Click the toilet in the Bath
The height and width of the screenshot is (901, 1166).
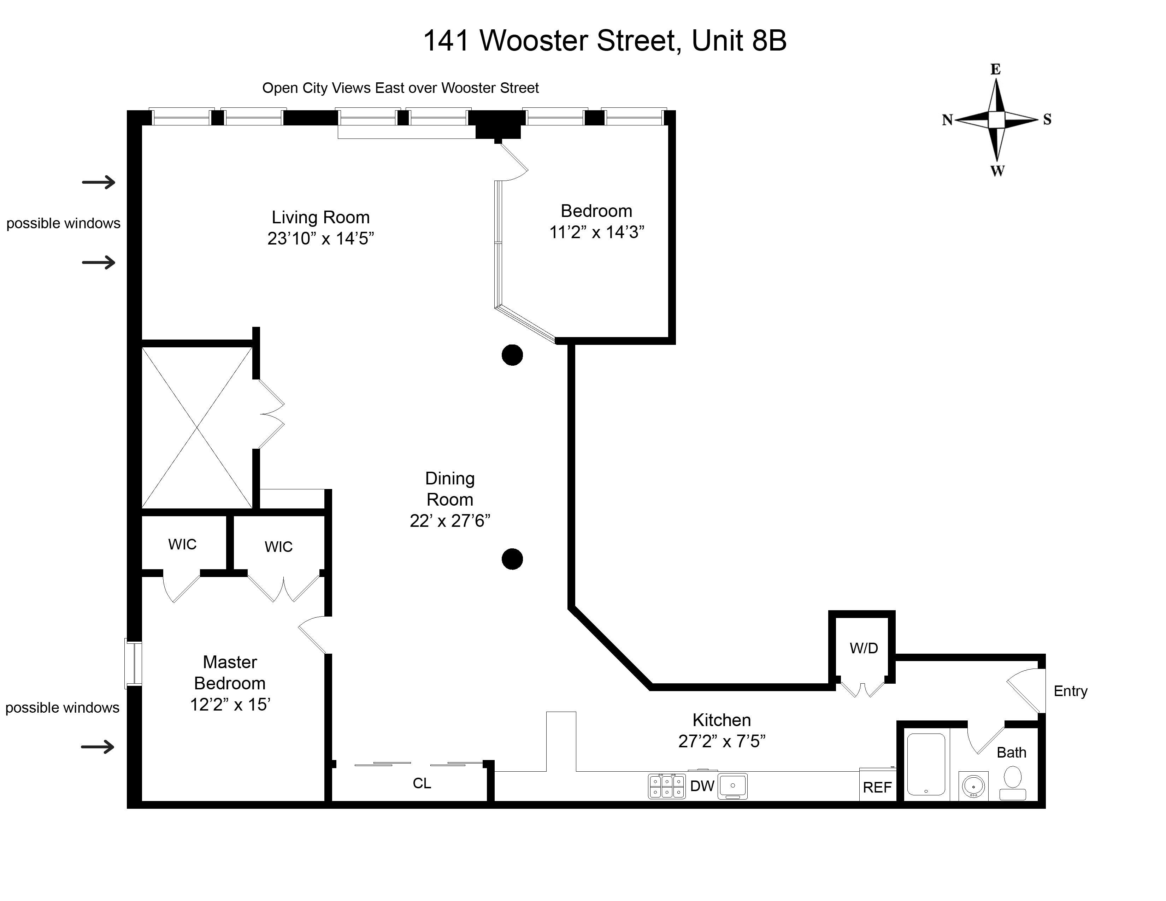1013,782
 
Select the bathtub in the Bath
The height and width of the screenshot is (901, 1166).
926,764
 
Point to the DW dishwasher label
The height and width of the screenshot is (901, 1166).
702,786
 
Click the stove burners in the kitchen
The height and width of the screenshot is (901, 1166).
667,786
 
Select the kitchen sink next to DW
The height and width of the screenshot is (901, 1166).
732,786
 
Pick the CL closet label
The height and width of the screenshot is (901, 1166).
422,783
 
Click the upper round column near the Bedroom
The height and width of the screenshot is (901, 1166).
512,355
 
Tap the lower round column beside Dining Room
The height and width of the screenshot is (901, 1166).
512,559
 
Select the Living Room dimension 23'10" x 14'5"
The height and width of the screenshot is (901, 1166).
320,238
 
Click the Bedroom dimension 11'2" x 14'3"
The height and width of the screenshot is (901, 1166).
597,232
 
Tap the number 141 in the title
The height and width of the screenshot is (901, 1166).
446,41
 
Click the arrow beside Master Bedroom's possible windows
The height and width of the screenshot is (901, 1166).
98,746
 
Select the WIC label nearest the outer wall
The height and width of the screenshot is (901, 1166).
182,544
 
